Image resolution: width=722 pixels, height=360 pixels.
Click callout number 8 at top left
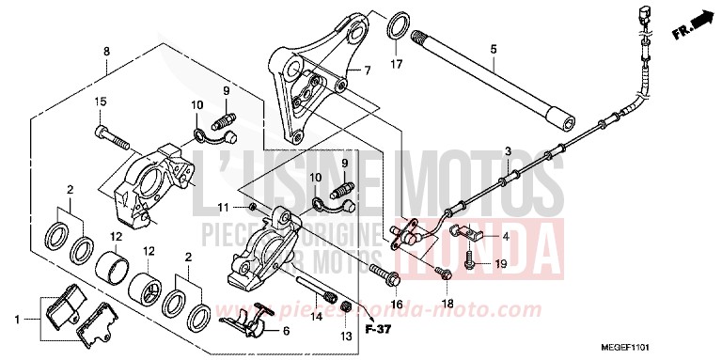pyautogui.click(x=106, y=50)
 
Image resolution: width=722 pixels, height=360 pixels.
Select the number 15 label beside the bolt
pyautogui.click(x=100, y=102)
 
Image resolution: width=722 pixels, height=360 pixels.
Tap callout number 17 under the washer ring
pyautogui.click(x=397, y=66)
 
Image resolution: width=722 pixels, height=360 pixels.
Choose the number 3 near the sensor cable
pyautogui.click(x=508, y=152)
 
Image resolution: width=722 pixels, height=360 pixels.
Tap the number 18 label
pyautogui.click(x=449, y=304)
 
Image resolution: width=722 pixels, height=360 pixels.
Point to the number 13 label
pyautogui.click(x=345, y=336)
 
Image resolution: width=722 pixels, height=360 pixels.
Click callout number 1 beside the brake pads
pyautogui.click(x=16, y=320)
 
